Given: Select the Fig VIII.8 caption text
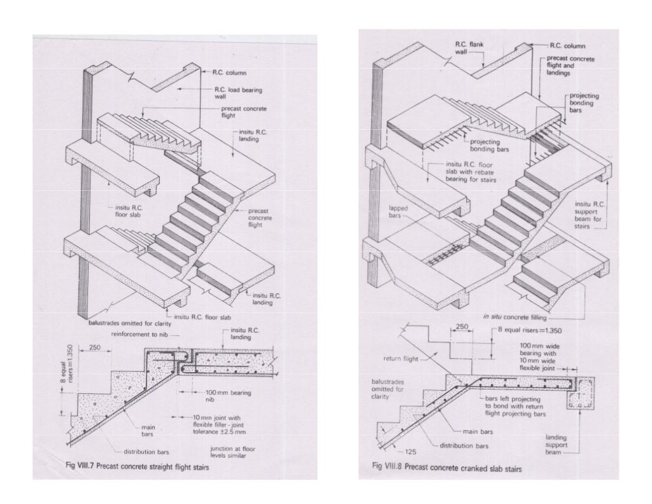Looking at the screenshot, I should click(447, 469).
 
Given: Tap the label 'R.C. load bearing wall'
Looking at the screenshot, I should click(235, 94).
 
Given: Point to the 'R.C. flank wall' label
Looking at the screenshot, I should click(467, 48).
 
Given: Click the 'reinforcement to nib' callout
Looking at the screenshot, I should click(138, 333).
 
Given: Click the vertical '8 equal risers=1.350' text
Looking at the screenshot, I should click(61, 368).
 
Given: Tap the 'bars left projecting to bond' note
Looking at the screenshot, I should click(514, 405).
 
